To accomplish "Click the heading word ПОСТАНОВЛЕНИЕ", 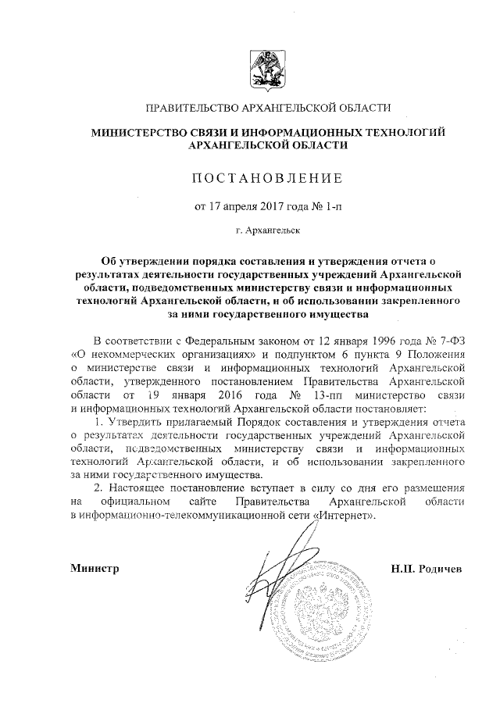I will (268, 179).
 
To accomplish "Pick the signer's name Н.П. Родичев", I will (426, 568).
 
